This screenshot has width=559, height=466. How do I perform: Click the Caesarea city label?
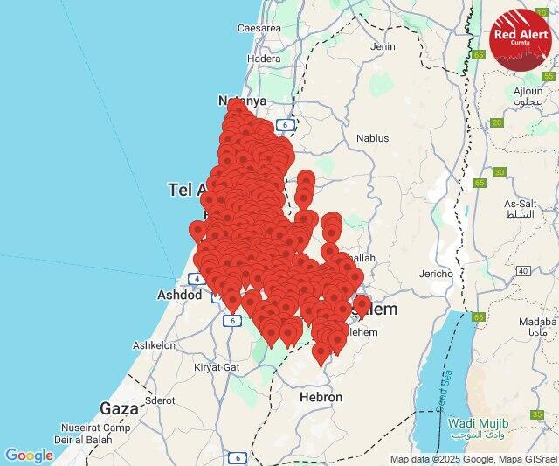click(259, 28)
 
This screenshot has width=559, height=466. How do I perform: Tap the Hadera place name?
click(263, 59)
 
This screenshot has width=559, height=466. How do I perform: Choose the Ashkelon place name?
click(153, 346)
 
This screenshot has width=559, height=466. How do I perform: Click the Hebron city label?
click(321, 396)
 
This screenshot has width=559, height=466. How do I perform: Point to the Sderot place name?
click(160, 400)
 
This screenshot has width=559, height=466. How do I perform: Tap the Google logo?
click(29, 455)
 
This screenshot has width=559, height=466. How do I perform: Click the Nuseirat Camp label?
click(96, 428)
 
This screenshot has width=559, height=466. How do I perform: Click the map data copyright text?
click(473, 459)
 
